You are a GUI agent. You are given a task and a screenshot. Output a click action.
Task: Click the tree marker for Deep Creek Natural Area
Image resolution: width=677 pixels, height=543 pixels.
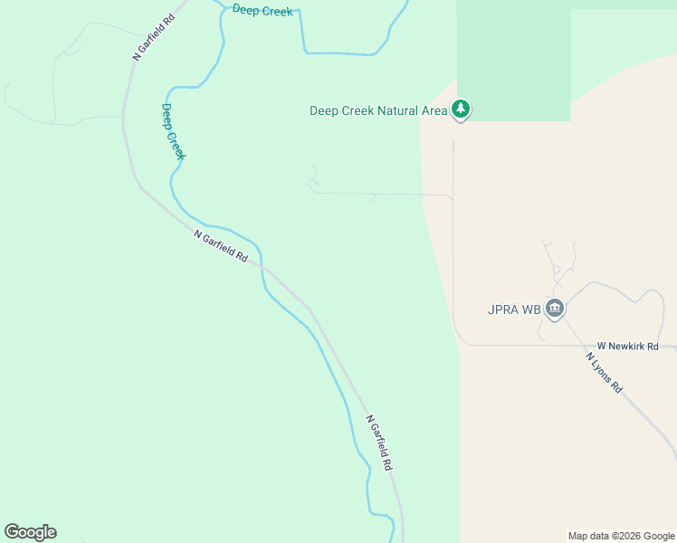[x=462, y=110]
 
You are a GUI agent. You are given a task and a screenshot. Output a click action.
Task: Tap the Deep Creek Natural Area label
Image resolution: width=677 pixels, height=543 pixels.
[x=378, y=111]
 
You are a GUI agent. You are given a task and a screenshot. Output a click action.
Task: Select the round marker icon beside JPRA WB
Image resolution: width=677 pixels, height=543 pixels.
[x=555, y=310]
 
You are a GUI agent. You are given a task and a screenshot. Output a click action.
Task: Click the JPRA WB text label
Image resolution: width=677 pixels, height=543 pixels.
[x=513, y=310]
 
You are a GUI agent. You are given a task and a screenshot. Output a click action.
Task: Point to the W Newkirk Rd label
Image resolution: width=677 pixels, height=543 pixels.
[x=627, y=347]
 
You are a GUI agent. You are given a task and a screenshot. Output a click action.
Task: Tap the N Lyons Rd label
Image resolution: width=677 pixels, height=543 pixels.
[x=604, y=372]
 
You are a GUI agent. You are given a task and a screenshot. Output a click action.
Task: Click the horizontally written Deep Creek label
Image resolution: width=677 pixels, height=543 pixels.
[x=262, y=11]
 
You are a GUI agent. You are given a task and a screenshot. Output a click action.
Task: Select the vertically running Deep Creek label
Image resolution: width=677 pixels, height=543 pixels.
[x=173, y=132]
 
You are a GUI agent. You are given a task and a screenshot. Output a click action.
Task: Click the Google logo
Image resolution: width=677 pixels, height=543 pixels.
[x=30, y=532]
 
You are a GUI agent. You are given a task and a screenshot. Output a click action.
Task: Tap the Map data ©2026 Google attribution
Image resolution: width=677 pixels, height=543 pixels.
[x=621, y=536]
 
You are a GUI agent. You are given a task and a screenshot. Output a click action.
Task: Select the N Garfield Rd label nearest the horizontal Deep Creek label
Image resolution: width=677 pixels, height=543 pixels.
[x=152, y=37]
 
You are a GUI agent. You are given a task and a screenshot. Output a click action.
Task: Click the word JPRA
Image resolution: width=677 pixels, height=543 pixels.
[x=503, y=310]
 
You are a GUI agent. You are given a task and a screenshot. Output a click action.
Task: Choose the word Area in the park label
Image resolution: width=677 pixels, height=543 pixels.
[x=434, y=111]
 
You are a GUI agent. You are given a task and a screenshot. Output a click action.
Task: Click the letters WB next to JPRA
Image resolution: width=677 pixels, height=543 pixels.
[x=530, y=310]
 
